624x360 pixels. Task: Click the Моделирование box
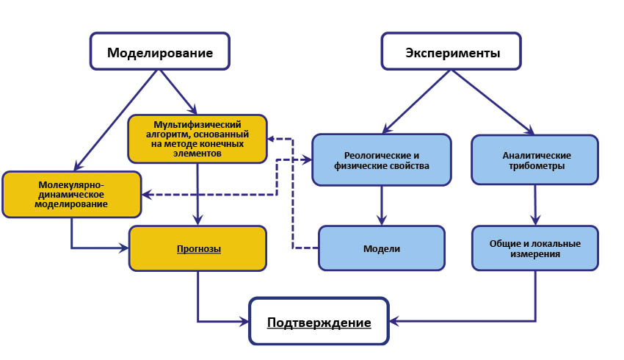pos(159,51)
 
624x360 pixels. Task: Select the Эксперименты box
pos(451,51)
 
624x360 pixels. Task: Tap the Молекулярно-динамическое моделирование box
pos(72,195)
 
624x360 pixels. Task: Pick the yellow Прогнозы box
pos(197,248)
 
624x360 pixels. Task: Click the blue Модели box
pos(382,248)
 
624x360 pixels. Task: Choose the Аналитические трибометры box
pos(535,159)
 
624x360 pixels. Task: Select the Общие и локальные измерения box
pos(535,248)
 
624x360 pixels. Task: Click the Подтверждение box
pos(319,321)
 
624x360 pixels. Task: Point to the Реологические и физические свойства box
pos(382,159)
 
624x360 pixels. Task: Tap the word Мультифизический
pos(197,125)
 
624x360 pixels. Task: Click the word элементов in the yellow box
pos(197,154)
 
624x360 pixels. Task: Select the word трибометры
pos(537,165)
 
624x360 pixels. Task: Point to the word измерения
pos(535,253)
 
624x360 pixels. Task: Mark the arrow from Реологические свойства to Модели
pos(382,206)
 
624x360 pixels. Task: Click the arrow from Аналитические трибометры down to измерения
pos(535,205)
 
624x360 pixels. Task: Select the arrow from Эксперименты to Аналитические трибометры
pos(493,102)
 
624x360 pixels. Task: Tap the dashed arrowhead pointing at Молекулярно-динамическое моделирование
pos(148,195)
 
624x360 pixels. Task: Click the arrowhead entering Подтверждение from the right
pos(394,321)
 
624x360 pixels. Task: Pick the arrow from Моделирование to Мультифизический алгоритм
pos(178,93)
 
